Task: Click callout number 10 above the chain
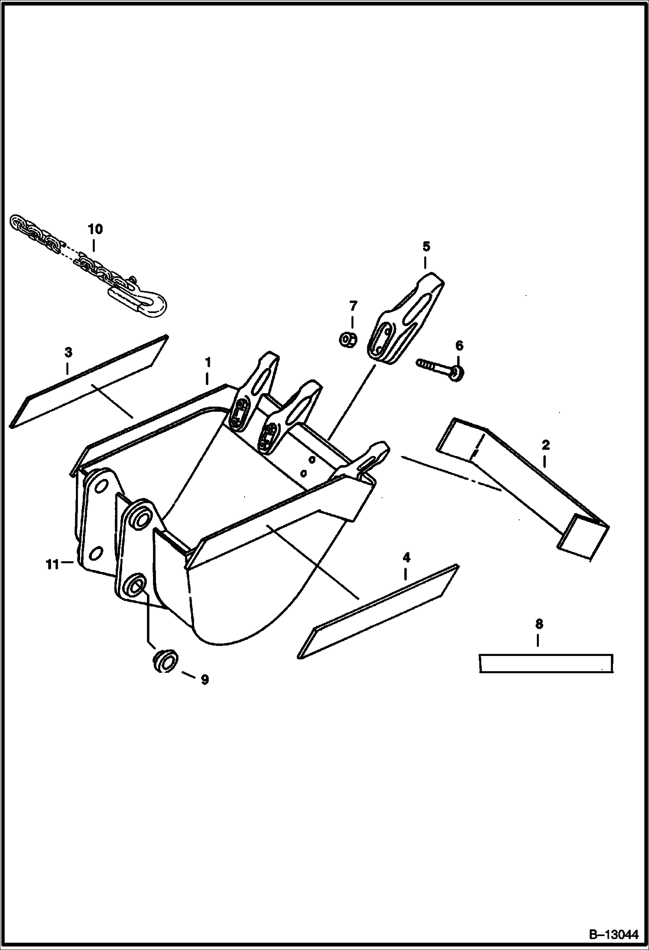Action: tap(95, 229)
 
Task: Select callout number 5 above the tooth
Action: tap(426, 247)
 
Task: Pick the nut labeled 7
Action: tap(348, 339)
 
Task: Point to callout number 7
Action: tap(353, 307)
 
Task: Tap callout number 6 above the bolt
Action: tap(459, 346)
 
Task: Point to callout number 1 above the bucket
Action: tap(208, 362)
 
